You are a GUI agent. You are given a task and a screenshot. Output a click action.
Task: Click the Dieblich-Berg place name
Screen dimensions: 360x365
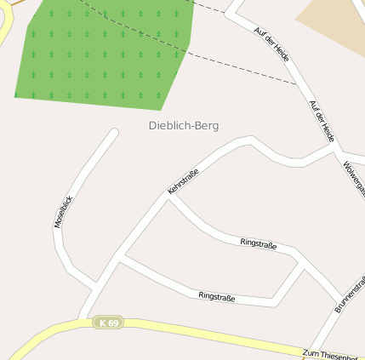[x=184, y=126]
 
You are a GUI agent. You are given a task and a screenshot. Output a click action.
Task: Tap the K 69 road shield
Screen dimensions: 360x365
[x=108, y=323]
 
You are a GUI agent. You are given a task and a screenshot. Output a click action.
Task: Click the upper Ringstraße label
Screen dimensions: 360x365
[x=259, y=243]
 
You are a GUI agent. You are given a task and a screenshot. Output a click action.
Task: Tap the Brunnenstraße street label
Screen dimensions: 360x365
[x=350, y=294]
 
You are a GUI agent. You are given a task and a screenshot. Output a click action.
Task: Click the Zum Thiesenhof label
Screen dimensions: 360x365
[x=333, y=354]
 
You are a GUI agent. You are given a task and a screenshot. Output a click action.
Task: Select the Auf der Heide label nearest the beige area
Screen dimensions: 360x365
[x=272, y=43]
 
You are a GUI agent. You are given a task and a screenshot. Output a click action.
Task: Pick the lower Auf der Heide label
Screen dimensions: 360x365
[x=322, y=121]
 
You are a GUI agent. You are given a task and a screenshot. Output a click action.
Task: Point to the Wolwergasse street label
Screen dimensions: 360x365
[x=354, y=178]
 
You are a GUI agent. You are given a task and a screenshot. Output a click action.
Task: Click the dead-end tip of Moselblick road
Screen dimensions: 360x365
[x=114, y=132]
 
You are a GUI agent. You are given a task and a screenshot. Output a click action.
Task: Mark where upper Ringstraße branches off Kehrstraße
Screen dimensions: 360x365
[x=168, y=198]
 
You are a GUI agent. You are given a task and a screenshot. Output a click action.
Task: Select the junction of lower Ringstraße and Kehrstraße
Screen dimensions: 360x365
[x=118, y=256]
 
